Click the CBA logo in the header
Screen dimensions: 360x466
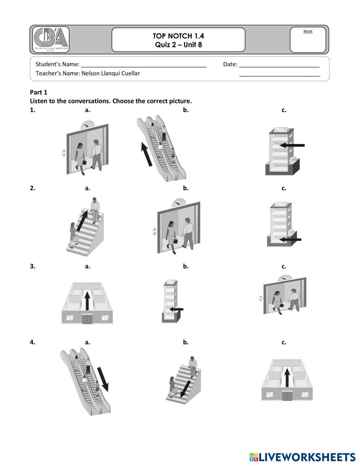[51, 39]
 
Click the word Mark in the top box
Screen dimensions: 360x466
[308, 31]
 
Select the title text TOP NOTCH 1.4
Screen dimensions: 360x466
[178, 36]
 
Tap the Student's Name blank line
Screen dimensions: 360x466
[144, 67]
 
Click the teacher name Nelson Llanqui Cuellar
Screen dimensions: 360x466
[111, 73]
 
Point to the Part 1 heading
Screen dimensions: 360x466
[39, 92]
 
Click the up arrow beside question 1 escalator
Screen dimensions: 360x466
[147, 154]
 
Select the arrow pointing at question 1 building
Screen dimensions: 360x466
[292, 145]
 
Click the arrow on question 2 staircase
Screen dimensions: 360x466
[82, 221]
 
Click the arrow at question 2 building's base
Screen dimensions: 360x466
[290, 239]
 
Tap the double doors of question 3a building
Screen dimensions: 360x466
[87, 319]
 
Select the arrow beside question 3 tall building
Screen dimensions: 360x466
[176, 309]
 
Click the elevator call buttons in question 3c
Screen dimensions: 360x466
[261, 298]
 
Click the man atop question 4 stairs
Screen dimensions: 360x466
[193, 367]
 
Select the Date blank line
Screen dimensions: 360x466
[279, 67]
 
